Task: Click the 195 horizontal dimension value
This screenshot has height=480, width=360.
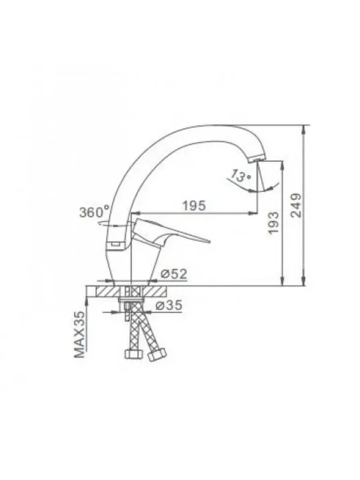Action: [x=194, y=206]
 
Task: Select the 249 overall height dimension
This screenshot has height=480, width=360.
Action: [x=296, y=205]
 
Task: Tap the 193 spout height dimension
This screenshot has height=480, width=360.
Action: [x=274, y=223]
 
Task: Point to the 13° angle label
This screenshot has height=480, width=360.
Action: [x=240, y=176]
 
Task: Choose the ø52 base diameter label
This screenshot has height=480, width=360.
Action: [x=174, y=274]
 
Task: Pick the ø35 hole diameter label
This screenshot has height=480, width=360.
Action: [x=169, y=305]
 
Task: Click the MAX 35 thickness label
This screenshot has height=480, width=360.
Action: [x=80, y=335]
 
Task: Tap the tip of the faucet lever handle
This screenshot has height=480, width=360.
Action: [x=209, y=241]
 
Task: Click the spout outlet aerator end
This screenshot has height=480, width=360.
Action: [x=257, y=159]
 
